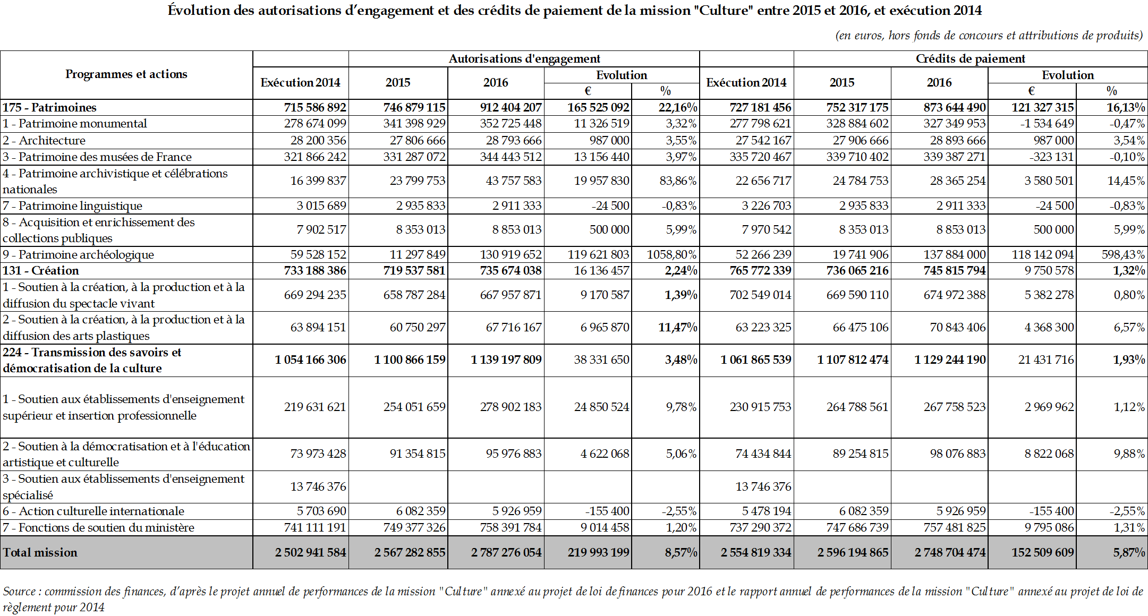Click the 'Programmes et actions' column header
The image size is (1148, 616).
coord(126,74)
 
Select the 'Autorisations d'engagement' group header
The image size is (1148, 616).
coord(524,58)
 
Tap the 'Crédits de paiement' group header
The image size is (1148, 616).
coord(970,58)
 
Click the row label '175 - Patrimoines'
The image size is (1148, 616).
coord(49,107)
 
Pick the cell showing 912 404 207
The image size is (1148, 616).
coord(511,107)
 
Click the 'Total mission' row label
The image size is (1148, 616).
coord(40,552)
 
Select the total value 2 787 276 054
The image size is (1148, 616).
coord(506,552)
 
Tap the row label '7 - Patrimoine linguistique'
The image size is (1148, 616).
coord(72,206)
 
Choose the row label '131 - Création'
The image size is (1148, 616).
coord(40,270)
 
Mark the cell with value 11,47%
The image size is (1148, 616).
coord(677,327)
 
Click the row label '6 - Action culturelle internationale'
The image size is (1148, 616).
coord(93,511)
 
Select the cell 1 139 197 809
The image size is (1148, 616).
coord(506,360)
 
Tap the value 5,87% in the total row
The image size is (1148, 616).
coord(1129,552)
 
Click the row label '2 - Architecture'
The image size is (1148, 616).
coord(44,140)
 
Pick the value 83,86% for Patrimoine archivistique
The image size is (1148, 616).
coord(677,181)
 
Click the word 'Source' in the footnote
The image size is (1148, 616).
coord(19,592)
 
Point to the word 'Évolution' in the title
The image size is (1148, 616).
coord(199,10)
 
